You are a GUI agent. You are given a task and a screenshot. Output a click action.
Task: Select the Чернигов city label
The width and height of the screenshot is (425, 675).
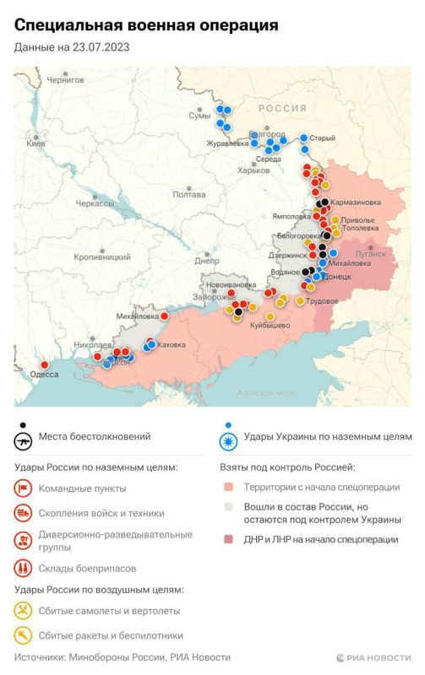pos(66,80)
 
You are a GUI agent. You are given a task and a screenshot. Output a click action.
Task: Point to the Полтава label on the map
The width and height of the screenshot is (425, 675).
pos(188,194)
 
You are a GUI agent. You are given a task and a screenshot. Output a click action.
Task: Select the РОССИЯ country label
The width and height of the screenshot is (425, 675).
pos(282,108)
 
